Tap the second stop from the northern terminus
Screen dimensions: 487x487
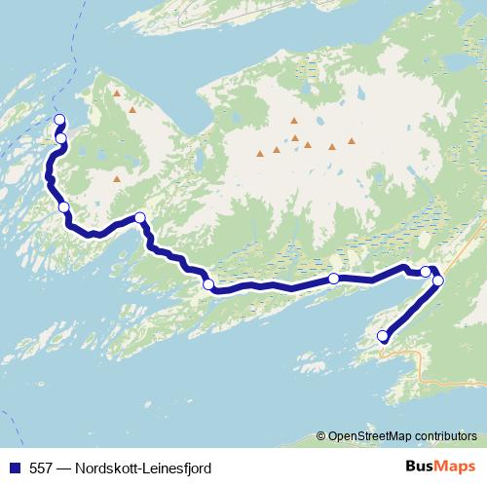tap(60, 138)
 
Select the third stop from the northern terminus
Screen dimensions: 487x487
tap(63, 206)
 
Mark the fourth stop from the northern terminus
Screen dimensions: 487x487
tap(140, 217)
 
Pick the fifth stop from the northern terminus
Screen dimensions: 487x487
tap(207, 284)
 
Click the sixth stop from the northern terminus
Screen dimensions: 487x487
tap(334, 279)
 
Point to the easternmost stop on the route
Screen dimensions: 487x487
tap(437, 281)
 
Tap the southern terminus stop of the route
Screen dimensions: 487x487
tap(383, 337)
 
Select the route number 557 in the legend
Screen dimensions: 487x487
tap(40, 468)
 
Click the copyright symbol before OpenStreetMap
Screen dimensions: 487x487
tap(322, 435)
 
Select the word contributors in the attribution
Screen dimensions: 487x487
tap(445, 435)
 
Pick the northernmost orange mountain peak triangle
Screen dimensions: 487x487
tap(117, 94)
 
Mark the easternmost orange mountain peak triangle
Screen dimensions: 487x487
tap(352, 140)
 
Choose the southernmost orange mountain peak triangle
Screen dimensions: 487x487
tap(117, 179)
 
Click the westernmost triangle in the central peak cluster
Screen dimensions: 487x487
tap(260, 153)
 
